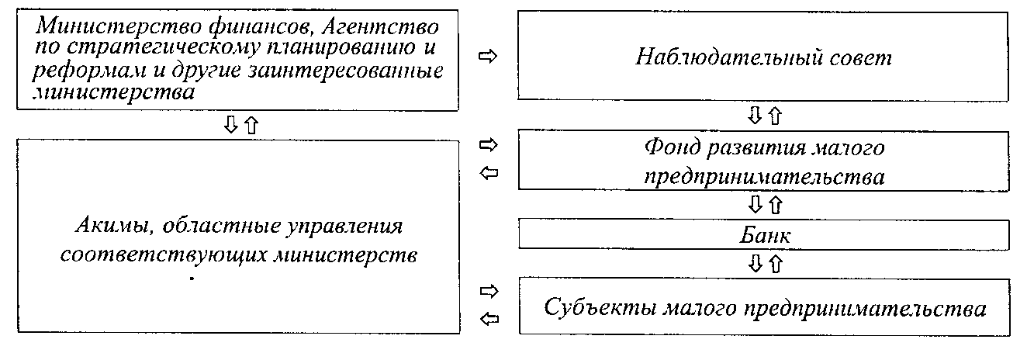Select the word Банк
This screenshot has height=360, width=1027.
pos(763,234)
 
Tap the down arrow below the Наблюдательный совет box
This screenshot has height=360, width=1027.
pos(754,116)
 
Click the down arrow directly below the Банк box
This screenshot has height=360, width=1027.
pos(754,264)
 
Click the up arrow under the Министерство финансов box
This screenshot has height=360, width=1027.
pos(250,126)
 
